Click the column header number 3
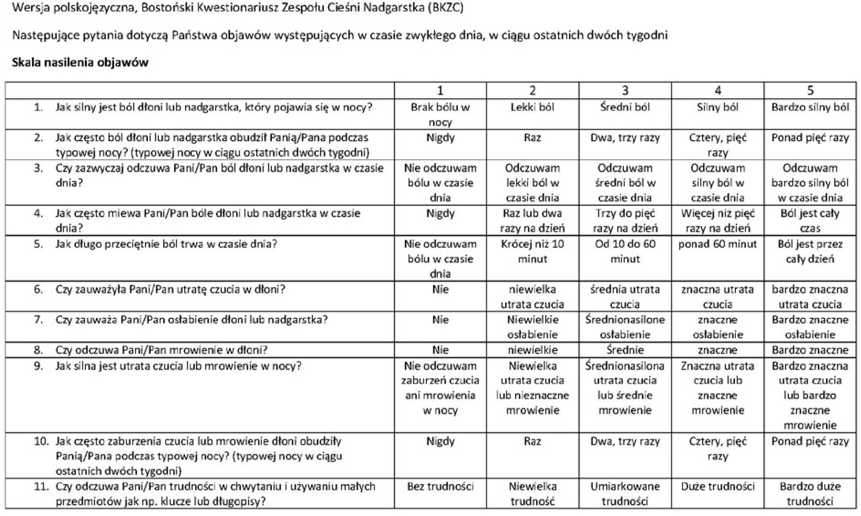[625, 90]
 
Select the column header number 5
[810, 90]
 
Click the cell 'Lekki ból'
[532, 107]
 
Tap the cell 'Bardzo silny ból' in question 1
[810, 107]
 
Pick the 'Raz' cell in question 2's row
[532, 138]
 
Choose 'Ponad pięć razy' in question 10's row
[810, 442]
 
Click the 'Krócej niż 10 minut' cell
[532, 251]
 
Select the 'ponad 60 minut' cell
[717, 244]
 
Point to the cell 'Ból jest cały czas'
[810, 221]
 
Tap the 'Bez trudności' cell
[440, 487]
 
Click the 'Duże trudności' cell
[717, 487]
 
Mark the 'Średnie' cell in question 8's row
[625, 350]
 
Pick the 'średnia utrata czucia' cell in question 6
[625, 297]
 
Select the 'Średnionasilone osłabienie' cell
[625, 327]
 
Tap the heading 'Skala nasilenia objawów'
[80, 63]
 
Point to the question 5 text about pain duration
[166, 244]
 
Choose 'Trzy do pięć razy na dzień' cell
[625, 221]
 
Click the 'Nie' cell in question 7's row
[440, 320]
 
